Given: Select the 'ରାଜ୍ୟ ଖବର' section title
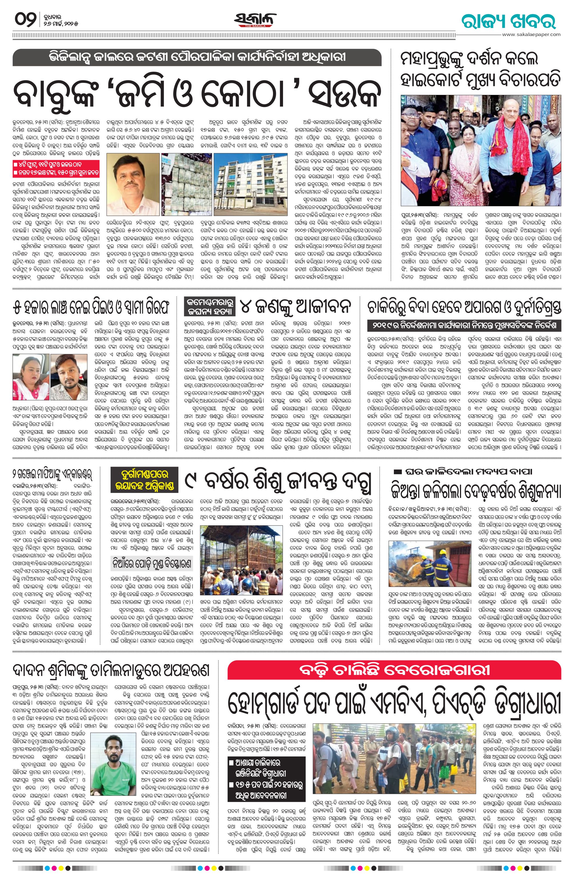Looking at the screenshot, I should pyautogui.click(x=509, y=21).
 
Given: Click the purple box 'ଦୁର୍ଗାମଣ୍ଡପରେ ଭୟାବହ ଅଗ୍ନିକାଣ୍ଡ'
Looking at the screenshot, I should pyautogui.click(x=143, y=480).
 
